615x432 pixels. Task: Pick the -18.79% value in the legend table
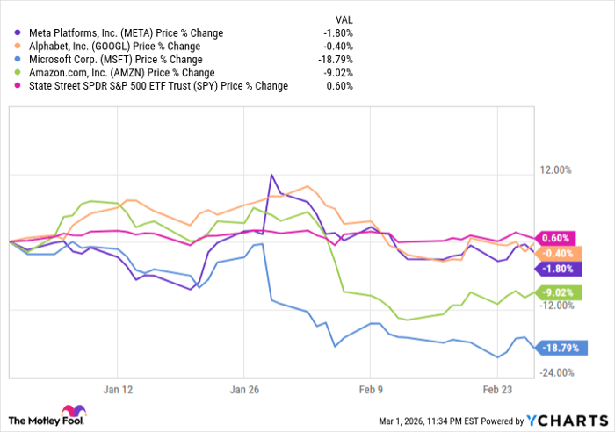click(x=337, y=60)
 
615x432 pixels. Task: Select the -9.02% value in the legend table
click(x=340, y=73)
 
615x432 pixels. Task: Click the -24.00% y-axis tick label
click(x=557, y=373)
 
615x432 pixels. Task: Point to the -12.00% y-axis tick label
click(x=557, y=306)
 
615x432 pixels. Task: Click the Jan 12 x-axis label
click(x=117, y=389)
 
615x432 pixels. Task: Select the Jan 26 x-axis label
click(x=243, y=389)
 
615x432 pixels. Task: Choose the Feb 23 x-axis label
click(x=497, y=389)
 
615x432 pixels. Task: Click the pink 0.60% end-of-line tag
click(x=556, y=238)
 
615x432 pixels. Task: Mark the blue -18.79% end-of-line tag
click(x=557, y=348)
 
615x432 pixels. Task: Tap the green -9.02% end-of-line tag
click(x=556, y=292)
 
